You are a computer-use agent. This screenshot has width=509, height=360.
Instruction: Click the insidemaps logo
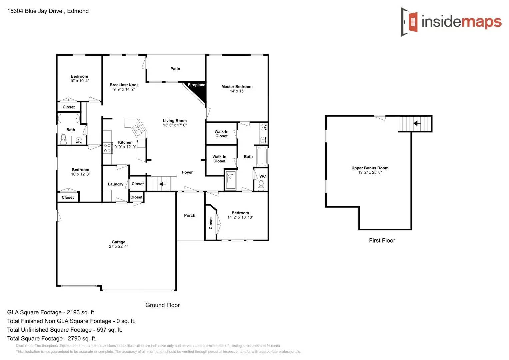(451, 22)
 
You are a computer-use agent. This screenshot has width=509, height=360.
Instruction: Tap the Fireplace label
(196, 85)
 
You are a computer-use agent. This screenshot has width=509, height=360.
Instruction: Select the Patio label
(175, 69)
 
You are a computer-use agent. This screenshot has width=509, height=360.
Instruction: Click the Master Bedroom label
(237, 87)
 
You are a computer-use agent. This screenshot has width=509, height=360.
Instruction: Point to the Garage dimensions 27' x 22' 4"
(118, 247)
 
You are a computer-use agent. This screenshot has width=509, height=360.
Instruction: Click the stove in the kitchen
(107, 148)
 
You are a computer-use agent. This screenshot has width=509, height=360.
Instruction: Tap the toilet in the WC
(261, 185)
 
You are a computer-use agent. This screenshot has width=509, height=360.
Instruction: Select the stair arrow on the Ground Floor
(162, 184)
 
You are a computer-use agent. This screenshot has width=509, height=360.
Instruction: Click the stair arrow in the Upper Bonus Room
(417, 123)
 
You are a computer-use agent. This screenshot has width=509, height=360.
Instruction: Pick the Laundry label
(115, 184)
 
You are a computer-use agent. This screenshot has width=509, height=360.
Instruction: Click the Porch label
(190, 216)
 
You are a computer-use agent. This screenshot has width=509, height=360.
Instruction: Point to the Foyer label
(187, 173)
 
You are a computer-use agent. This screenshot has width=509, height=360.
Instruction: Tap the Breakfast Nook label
(124, 85)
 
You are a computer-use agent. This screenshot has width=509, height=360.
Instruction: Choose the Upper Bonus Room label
(370, 168)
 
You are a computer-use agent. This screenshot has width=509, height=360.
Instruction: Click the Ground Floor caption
(162, 305)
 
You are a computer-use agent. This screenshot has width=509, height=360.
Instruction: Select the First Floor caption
(382, 241)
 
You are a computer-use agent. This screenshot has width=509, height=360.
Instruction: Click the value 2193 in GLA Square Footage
(73, 313)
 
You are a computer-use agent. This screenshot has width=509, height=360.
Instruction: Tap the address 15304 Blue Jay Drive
(35, 11)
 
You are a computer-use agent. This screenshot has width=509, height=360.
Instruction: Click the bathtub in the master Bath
(262, 157)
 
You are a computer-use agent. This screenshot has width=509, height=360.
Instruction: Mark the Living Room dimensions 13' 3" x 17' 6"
(175, 125)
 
